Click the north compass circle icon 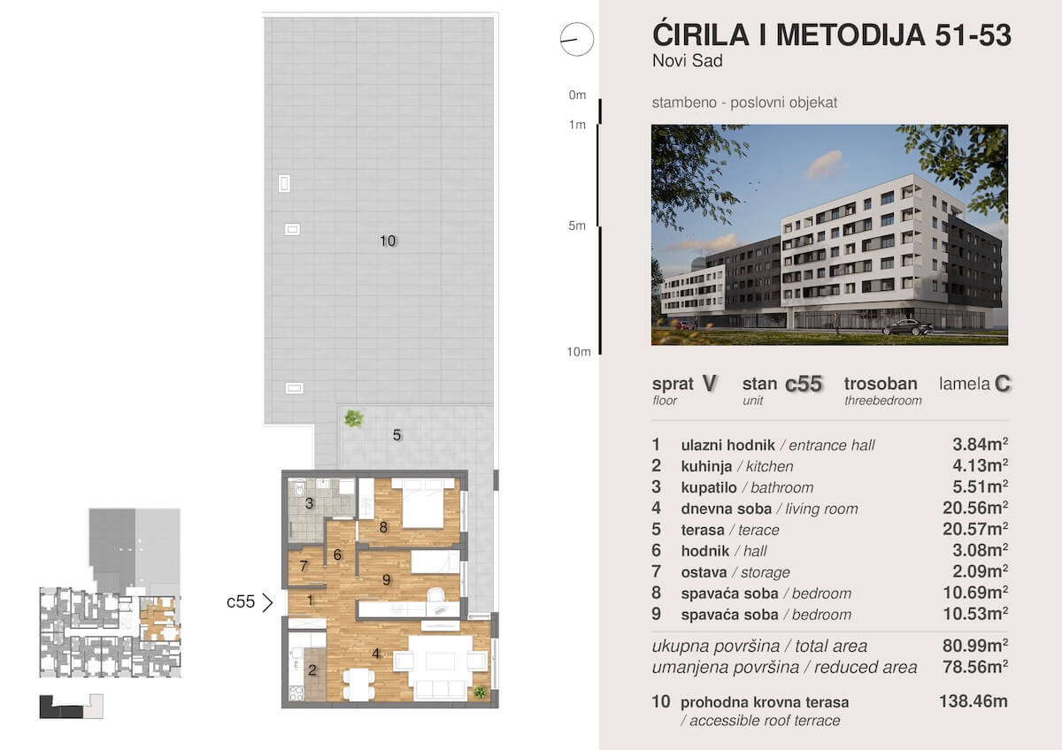coord(576,39)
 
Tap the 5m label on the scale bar coord(577,226)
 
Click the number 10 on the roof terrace coord(388,241)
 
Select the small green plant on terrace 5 coord(354,419)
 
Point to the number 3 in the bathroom coord(309,503)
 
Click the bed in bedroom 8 coord(423,502)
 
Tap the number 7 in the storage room coord(304,566)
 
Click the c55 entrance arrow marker coord(268,602)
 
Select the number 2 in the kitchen coord(312,670)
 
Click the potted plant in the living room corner coord(480,692)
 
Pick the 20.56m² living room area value coord(974,508)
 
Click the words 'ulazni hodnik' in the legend coord(727,446)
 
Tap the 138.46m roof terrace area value coord(973,701)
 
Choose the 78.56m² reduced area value coord(974,667)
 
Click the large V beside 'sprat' coord(710,383)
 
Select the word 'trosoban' coord(881,383)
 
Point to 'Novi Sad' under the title coord(687,61)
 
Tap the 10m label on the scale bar coord(579,351)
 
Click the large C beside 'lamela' coord(1002,383)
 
